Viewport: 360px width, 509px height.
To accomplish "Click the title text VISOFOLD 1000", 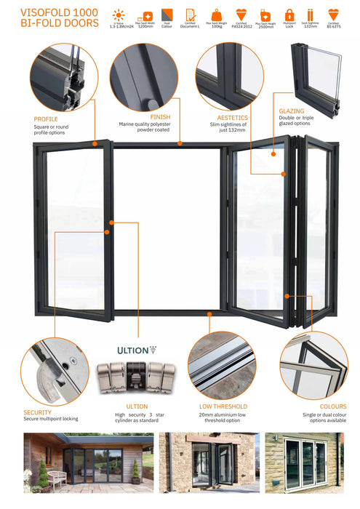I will pyautogui.click(x=49, y=12).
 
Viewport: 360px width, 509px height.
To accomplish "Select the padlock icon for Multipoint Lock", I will pyautogui.click(x=289, y=15).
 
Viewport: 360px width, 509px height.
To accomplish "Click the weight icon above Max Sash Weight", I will pyautogui.click(x=217, y=15).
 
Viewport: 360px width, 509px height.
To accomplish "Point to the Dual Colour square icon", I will pyautogui.click(x=167, y=15).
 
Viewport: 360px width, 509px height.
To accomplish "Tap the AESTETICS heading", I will pyautogui.click(x=233, y=117).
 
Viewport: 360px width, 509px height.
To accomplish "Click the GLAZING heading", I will pyautogui.click(x=291, y=112).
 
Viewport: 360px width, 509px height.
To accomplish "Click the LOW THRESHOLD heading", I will pyautogui.click(x=223, y=406).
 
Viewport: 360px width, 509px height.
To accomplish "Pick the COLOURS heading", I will pyautogui.click(x=332, y=406).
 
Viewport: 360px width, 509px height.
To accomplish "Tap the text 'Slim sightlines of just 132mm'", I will pyautogui.click(x=232, y=128).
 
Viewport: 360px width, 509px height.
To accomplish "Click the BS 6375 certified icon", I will pyautogui.click(x=333, y=15).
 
